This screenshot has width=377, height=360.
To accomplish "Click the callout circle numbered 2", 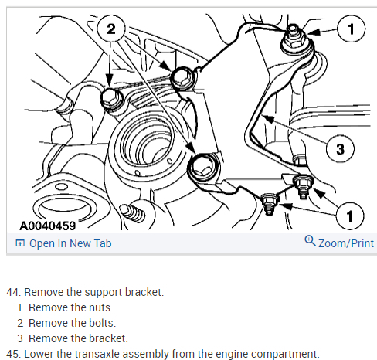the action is click(x=111, y=29).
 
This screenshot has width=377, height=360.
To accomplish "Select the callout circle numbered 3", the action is click(x=340, y=149).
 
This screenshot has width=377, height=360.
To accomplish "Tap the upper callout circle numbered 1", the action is click(x=351, y=29).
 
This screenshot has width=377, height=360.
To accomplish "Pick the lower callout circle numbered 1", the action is click(x=350, y=216).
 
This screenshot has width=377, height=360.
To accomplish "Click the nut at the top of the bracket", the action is click(x=294, y=40).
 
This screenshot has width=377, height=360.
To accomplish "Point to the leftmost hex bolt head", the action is click(x=111, y=98).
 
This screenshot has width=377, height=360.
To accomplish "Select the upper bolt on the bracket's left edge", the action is click(x=182, y=78).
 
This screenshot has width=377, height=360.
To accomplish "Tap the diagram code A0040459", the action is click(x=48, y=226).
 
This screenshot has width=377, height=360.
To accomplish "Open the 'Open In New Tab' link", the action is click(x=70, y=243).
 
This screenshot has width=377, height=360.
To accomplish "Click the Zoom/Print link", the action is click(x=346, y=243).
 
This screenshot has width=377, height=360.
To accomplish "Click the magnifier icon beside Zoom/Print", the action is click(x=310, y=241).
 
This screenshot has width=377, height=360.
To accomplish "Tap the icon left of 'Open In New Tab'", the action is click(x=20, y=243).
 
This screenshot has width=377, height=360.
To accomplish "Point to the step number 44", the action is click(x=13, y=292).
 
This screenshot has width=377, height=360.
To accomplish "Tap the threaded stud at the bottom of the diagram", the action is click(x=133, y=212).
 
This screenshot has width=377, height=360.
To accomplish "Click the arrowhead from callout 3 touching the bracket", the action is click(x=268, y=119).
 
